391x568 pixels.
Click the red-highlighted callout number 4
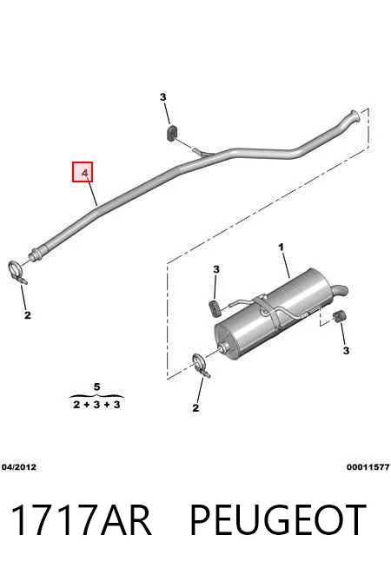point(83,172)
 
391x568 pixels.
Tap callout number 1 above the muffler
point(281,248)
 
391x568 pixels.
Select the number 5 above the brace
point(96,386)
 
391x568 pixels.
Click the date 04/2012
point(19,467)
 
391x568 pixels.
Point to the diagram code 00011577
point(368,467)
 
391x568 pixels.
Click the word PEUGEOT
point(278,520)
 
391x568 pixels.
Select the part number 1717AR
point(81,520)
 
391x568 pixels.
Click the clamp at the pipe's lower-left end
point(17,272)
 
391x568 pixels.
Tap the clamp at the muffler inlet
point(201,365)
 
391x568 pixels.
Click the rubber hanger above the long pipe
point(171,133)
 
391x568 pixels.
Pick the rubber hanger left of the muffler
point(215,307)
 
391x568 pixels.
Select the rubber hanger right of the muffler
point(339,316)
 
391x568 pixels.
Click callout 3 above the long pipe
point(163,97)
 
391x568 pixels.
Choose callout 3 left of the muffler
point(216,269)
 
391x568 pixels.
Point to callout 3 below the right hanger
point(346,351)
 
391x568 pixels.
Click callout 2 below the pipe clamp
point(28,315)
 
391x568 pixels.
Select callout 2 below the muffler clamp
point(195,408)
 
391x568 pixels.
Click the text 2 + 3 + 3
point(96,405)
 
